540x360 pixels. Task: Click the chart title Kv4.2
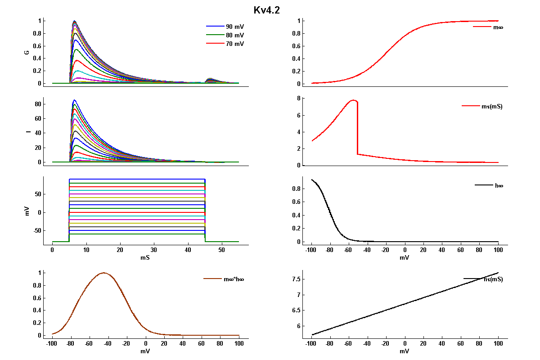[x=266, y=10]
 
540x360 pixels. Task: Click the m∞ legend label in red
[x=498, y=27]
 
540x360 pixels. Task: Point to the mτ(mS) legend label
[x=492, y=107]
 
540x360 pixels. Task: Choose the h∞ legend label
[x=498, y=185]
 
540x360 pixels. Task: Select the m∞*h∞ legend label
[x=234, y=279]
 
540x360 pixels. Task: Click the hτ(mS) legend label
[x=493, y=279]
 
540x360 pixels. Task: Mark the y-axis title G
[x=27, y=52]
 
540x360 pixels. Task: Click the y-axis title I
[x=27, y=131]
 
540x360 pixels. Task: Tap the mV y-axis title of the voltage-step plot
[x=27, y=211]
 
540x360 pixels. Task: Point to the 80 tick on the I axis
[x=38, y=104]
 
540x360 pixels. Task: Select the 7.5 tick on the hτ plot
[x=296, y=279]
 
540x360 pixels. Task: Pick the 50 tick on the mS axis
[x=221, y=249]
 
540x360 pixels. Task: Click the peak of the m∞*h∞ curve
[x=104, y=273]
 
